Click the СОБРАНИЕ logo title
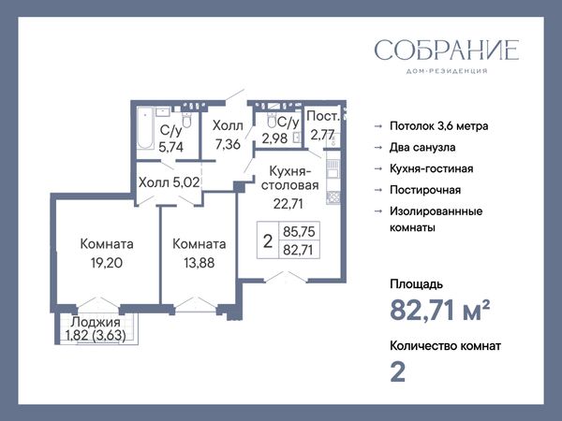[447, 51]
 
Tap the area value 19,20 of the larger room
[107, 263]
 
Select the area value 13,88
[200, 263]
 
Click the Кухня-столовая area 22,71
[288, 204]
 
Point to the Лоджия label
[96, 322]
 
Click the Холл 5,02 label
[169, 182]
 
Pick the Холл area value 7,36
[228, 144]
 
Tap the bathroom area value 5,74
[171, 147]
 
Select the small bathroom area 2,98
[274, 138]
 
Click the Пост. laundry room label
[323, 116]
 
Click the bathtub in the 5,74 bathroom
[145, 128]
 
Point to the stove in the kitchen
[333, 196]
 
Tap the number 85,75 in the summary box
[299, 232]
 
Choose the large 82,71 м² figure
[440, 310]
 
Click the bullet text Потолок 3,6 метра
[438, 126]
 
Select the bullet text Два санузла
[422, 148]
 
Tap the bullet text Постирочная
[425, 190]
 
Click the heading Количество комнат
[445, 346]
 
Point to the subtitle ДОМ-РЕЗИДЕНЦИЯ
[447, 71]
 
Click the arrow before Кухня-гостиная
[378, 168]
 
